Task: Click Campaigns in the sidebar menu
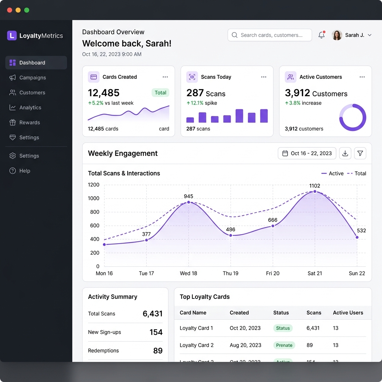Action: click(x=32, y=78)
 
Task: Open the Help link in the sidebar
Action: click(x=25, y=171)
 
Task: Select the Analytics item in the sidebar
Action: click(x=30, y=107)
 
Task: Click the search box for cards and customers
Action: click(x=270, y=35)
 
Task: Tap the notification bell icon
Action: click(x=321, y=35)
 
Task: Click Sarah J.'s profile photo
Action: click(x=337, y=35)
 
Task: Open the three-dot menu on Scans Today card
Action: click(x=264, y=77)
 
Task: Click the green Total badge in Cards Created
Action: click(x=160, y=93)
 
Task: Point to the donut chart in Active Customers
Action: click(x=353, y=118)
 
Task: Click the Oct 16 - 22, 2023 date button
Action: click(x=307, y=153)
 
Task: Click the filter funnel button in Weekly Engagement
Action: click(x=360, y=153)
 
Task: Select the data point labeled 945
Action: click(x=188, y=202)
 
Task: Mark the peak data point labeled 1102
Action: click(x=315, y=191)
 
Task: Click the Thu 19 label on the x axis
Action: click(x=231, y=273)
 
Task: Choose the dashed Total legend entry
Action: click(x=357, y=173)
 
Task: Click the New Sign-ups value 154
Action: click(x=156, y=332)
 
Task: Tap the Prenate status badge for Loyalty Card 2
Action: click(x=284, y=345)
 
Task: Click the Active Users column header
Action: click(x=348, y=313)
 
